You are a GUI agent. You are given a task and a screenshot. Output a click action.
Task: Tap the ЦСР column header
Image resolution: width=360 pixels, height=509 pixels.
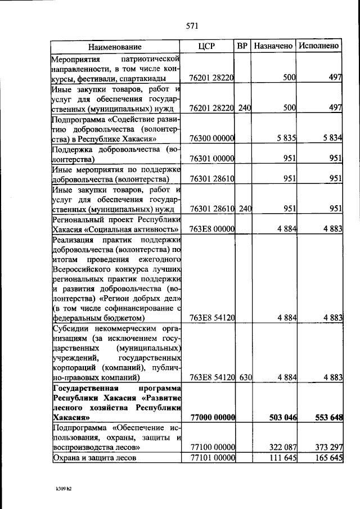[x=208, y=46]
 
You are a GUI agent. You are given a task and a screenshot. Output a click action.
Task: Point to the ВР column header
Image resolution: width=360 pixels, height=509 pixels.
[x=242, y=46]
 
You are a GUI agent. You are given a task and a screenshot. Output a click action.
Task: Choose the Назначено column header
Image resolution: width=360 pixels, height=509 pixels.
[x=273, y=46]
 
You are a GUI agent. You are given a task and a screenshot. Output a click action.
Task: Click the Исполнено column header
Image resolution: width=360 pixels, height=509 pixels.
[x=319, y=46]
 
